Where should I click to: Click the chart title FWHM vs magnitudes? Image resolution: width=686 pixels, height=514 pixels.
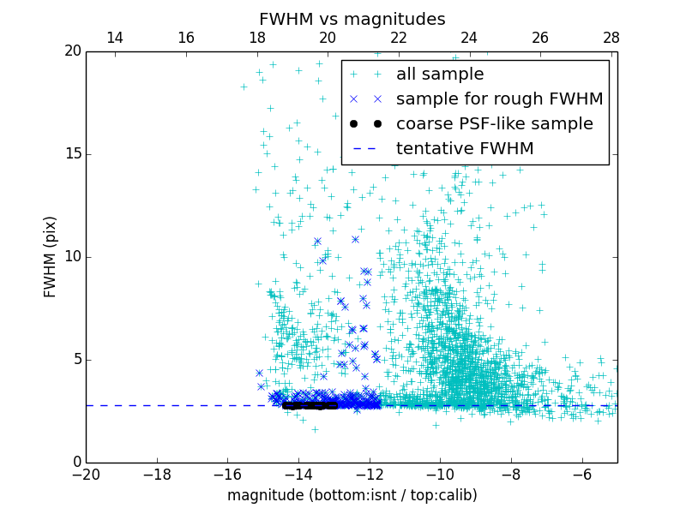pos(352,19)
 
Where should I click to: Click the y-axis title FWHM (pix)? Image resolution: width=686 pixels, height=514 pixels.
pos(51,256)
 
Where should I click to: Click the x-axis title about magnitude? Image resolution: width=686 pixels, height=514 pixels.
pos(352,495)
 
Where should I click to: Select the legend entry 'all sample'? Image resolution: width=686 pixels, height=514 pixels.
pos(439,75)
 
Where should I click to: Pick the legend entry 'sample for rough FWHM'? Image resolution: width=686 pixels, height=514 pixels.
pos(499,99)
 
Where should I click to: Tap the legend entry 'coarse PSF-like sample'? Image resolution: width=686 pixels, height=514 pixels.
pos(494,124)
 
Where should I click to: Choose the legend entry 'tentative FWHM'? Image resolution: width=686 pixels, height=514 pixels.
pos(465,149)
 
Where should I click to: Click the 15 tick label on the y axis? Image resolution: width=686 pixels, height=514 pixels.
pos(71,154)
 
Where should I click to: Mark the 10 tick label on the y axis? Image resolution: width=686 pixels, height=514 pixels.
pos(71,257)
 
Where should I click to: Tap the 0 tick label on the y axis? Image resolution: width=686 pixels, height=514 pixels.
pos(75,463)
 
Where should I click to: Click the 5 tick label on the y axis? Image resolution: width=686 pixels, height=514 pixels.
pos(75,360)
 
